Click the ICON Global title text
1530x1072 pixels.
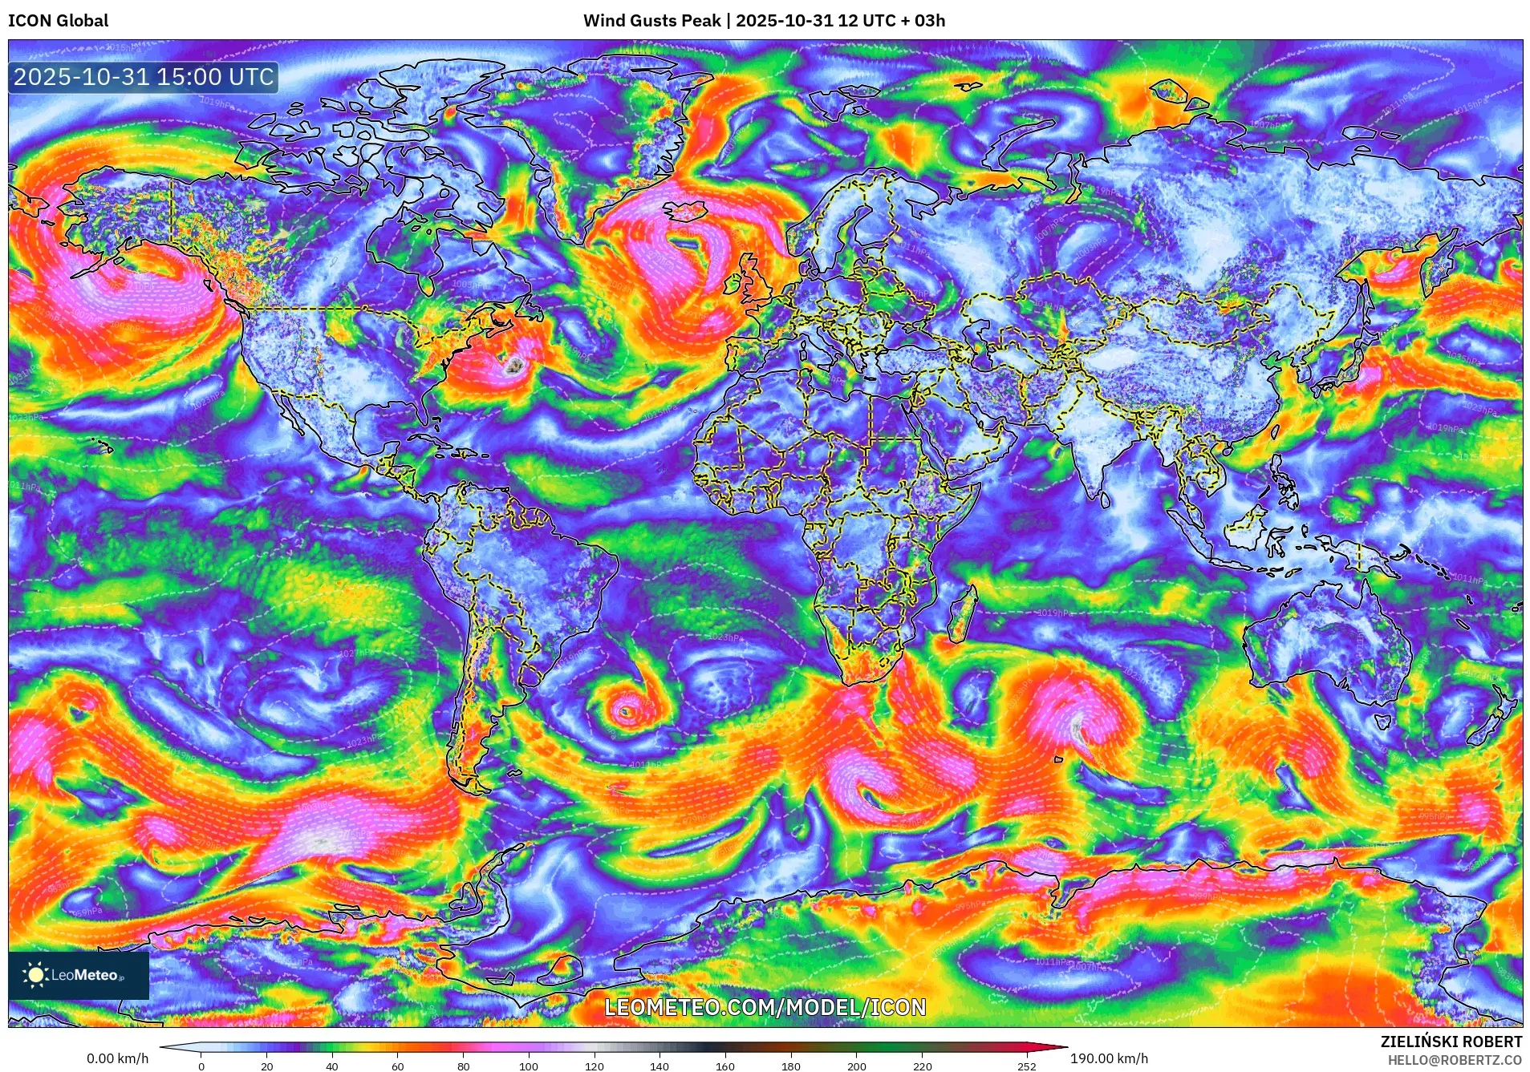point(58,21)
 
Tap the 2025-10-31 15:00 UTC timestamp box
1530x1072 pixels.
point(144,77)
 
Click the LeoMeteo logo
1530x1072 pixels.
point(78,975)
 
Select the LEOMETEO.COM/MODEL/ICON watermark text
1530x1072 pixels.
point(765,1007)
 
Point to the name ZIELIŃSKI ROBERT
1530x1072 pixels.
point(1451,1042)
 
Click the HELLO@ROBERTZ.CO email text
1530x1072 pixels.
point(1455,1060)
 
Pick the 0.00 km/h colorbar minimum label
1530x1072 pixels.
point(117,1058)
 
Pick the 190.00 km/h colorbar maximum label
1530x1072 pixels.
point(1109,1058)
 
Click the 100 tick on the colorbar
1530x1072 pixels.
point(528,1066)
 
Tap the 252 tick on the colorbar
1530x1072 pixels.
point(1027,1066)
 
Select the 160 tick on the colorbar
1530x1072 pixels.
point(724,1066)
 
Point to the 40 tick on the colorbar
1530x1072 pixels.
point(332,1066)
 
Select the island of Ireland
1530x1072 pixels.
point(733,283)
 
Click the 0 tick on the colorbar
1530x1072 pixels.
point(201,1066)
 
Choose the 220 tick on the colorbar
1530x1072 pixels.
point(922,1066)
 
